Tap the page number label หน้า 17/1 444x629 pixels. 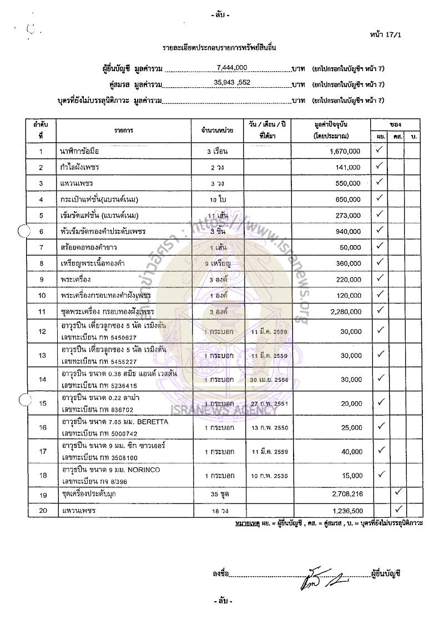coord(388,34)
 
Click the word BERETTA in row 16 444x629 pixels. coord(149,422)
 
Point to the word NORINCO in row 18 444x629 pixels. coord(145,470)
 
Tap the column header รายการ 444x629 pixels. coord(125,130)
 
